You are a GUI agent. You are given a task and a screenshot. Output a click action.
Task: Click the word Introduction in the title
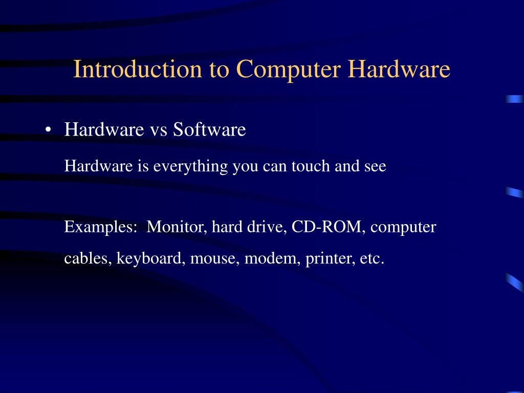[x=138, y=69]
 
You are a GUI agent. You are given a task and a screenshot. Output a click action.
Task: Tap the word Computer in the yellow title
[x=289, y=70]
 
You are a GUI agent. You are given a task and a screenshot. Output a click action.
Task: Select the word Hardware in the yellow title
[x=399, y=69]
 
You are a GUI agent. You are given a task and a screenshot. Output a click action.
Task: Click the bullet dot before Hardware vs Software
[x=49, y=130]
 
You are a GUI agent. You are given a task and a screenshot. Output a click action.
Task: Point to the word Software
[x=209, y=129]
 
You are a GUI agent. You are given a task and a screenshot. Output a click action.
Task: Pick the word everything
[x=190, y=166]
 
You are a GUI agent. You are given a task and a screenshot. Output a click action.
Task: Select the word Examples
[x=101, y=227]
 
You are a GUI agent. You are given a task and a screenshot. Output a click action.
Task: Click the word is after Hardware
[x=143, y=166]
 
